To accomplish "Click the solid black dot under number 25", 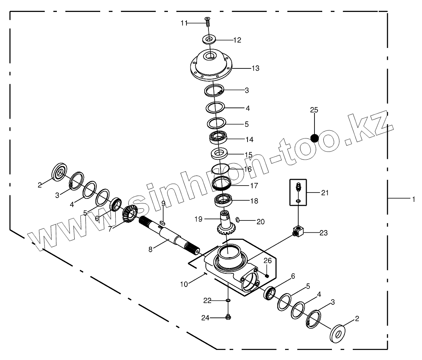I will click(x=314, y=138).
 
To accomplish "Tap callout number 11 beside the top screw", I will click(x=184, y=23).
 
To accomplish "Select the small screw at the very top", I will click(x=208, y=21).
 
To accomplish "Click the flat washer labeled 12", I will click(x=209, y=39).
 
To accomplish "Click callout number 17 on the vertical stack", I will click(x=254, y=186).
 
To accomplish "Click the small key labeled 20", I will click(x=239, y=220).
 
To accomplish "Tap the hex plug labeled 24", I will click(x=228, y=317).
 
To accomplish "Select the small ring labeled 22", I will click(x=228, y=300).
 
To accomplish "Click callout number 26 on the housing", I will click(x=268, y=261).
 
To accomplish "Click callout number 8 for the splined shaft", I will click(x=150, y=249).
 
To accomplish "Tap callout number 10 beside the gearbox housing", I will click(x=184, y=284).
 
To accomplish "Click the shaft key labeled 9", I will click(x=163, y=222).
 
